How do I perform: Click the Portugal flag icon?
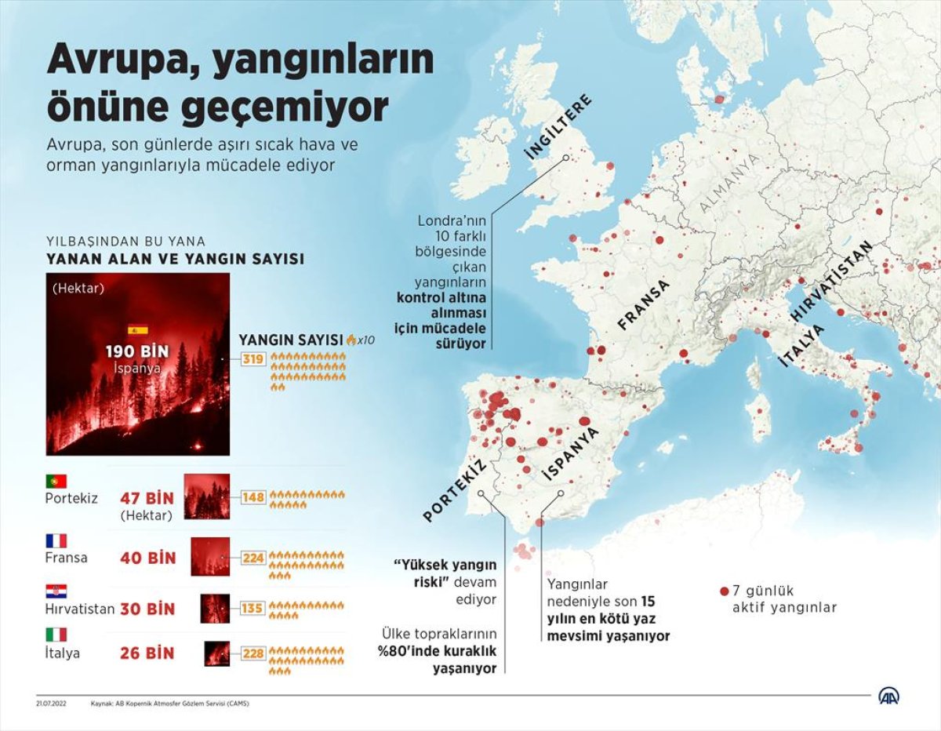[56, 481]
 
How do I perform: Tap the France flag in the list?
[56, 540]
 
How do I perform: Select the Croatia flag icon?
[56, 591]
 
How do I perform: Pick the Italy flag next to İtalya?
[56, 635]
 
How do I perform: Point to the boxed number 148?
[254, 496]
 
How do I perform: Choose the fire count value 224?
[254, 558]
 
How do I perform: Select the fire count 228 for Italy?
[254, 652]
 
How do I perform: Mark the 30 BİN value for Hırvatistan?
[148, 609]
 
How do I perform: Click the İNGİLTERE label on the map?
[558, 127]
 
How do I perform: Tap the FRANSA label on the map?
[644, 304]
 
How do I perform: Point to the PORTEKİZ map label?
[455, 491]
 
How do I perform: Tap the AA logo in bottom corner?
[888, 696]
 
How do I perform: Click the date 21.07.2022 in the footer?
[51, 704]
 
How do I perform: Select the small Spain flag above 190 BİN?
[137, 330]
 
